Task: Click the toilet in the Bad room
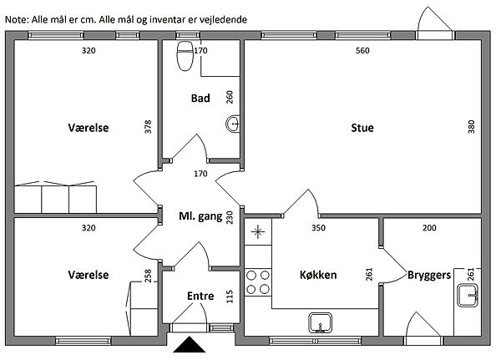[x=185, y=56]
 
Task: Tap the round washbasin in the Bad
[x=233, y=124]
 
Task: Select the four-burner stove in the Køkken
[x=258, y=282]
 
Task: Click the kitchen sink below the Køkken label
[x=320, y=322]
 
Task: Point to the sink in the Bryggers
[x=468, y=295]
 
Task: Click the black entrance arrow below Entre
[x=190, y=344]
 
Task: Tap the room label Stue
[x=362, y=128]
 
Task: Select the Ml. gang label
[x=200, y=216]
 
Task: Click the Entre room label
[x=200, y=296]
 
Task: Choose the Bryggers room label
[x=429, y=276]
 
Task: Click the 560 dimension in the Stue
[x=362, y=50]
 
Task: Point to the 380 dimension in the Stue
[x=471, y=127]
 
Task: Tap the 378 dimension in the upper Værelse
[x=148, y=127]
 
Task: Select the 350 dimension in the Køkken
[x=318, y=228]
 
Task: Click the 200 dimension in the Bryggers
[x=429, y=228]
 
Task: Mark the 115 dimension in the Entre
[x=230, y=297]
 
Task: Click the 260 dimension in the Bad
[x=230, y=97]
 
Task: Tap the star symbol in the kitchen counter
[x=258, y=232]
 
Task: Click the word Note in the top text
[x=17, y=20]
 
